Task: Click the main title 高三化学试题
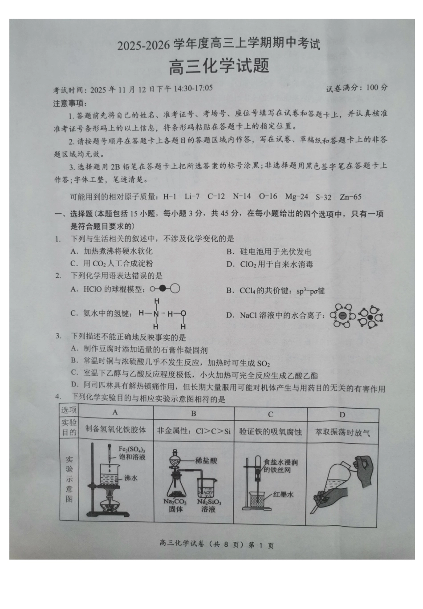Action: [x=219, y=67]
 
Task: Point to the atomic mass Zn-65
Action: [x=350, y=197]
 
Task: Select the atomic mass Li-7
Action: [x=192, y=196]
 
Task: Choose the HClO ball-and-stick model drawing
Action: [x=165, y=289]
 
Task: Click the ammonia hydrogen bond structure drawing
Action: [x=163, y=313]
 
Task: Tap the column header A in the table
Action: [x=115, y=413]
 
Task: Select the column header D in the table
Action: [x=342, y=414]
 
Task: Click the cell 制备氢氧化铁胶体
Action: [x=115, y=430]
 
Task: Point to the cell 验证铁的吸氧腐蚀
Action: [x=270, y=431]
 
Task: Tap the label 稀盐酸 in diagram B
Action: [x=206, y=460]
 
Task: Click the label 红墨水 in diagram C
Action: [x=284, y=494]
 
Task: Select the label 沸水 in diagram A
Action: [x=130, y=478]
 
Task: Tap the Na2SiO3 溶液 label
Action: [x=208, y=505]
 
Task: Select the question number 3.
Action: [x=58, y=336]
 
